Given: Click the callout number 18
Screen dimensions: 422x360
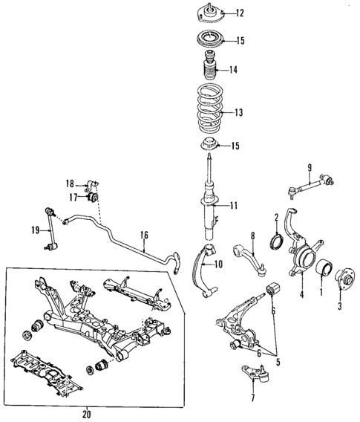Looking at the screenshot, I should (69, 183).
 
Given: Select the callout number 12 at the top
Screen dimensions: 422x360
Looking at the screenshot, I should (239, 13).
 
